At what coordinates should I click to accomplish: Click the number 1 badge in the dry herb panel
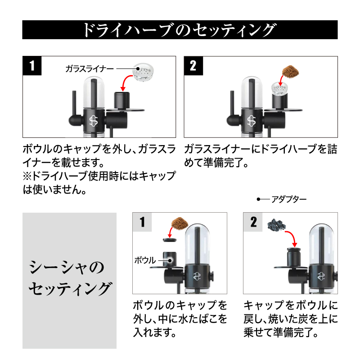[x=31, y=65]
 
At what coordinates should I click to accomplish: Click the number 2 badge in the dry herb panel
[x=193, y=65]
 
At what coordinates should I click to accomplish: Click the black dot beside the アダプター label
[x=258, y=199]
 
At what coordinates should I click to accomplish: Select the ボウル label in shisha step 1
[x=145, y=260]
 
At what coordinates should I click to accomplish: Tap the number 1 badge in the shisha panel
[x=142, y=222]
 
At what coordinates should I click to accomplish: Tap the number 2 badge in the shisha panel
[x=253, y=222]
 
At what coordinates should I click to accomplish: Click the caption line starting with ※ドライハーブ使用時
[x=99, y=176]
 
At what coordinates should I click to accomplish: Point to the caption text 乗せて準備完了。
[x=281, y=333]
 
